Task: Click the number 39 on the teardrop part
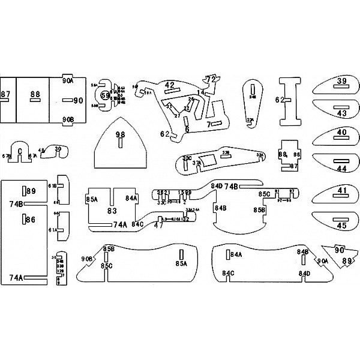tap(342, 81)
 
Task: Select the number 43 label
tap(342, 113)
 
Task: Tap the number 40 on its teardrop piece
tap(342, 133)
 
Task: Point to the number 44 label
tap(342, 169)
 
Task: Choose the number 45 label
tap(342, 226)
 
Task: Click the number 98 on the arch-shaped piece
tap(120, 134)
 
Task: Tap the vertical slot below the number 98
tap(120, 145)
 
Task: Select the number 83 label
tap(112, 211)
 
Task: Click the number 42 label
tap(170, 85)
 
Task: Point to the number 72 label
tap(211, 79)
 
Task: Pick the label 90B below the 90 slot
tap(68, 119)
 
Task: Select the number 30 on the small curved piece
tap(58, 149)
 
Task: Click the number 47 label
tap(158, 226)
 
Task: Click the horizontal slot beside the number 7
tap(218, 124)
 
